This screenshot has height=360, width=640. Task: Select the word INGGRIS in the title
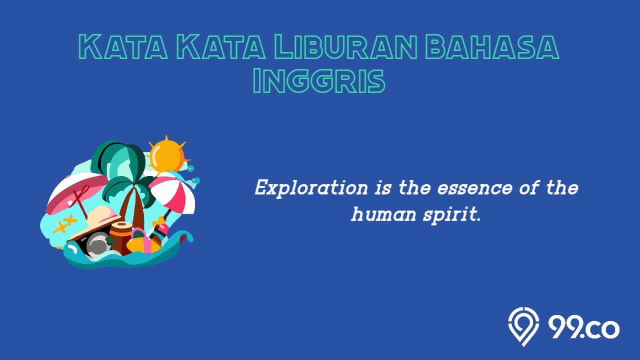(319, 80)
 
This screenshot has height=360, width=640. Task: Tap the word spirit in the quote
(451, 215)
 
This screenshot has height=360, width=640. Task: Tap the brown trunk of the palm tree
(133, 208)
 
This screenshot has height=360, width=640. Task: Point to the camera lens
(98, 244)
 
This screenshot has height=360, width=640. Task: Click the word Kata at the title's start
(123, 47)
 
